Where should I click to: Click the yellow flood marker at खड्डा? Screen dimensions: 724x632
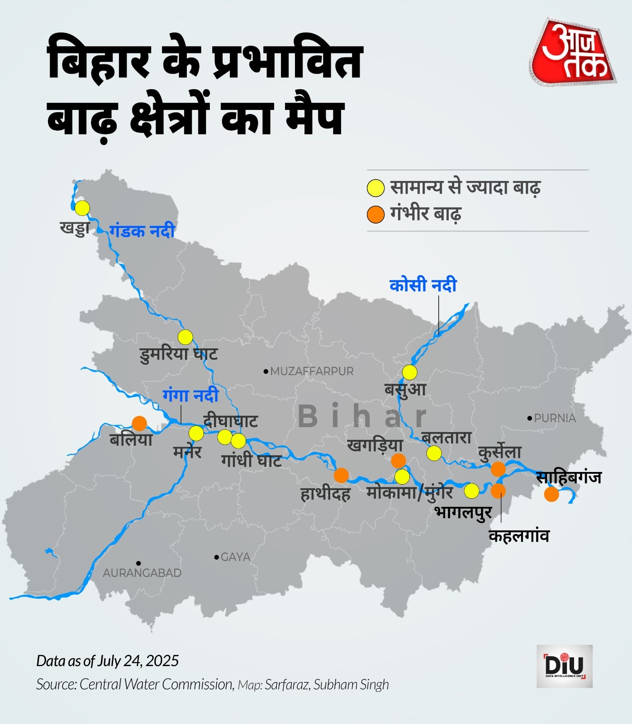tap(82, 208)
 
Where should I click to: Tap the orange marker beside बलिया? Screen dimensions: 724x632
tap(139, 423)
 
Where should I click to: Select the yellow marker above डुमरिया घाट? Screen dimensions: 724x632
tap(185, 337)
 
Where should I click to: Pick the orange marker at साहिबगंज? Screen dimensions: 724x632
tap(551, 494)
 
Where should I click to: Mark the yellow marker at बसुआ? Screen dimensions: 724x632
tap(409, 372)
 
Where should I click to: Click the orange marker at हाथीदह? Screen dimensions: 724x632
tap(341, 475)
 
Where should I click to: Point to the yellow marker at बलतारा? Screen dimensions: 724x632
tap(434, 452)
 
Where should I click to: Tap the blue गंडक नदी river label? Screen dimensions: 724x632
tap(142, 231)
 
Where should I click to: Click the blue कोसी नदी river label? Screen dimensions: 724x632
tap(423, 285)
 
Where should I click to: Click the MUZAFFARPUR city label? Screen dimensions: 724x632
tap(312, 371)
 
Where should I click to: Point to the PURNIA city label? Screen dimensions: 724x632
tap(555, 418)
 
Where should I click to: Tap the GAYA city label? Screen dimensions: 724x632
tap(235, 557)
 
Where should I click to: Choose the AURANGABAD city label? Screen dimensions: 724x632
tap(142, 573)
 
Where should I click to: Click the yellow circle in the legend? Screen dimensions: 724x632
tap(375, 188)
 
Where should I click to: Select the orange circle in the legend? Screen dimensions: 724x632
tap(375, 214)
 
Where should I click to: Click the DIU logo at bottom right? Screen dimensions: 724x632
tap(565, 666)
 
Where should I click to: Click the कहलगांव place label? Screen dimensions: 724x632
tap(519, 536)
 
